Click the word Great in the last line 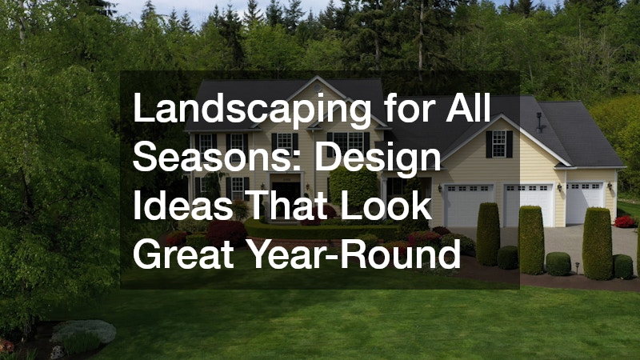coord(183,254)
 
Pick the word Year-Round coord(353,254)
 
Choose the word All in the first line coord(468,107)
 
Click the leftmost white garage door coord(468,206)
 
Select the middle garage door coord(528,205)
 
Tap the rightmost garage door coord(585,203)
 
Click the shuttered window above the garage coord(498,144)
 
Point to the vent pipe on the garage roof coord(539,122)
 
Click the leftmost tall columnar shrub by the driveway coord(488,234)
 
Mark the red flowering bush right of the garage coord(625,222)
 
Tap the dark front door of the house coord(286,193)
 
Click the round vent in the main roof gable coord(318,88)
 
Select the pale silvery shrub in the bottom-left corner coord(84,330)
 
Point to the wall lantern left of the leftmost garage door coord(439,188)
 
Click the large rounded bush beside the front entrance coord(354,187)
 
